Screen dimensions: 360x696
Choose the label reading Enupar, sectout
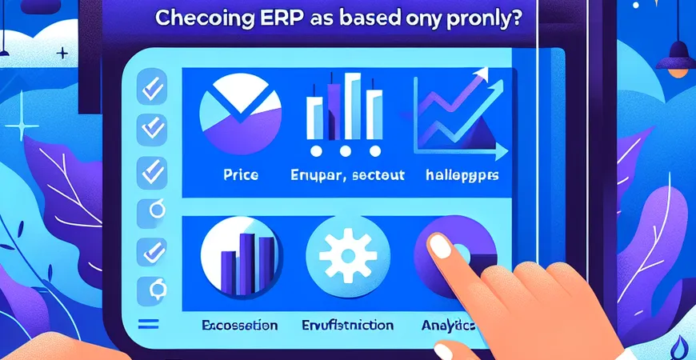[x=344, y=174]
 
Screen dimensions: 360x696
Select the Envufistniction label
[x=350, y=326]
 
